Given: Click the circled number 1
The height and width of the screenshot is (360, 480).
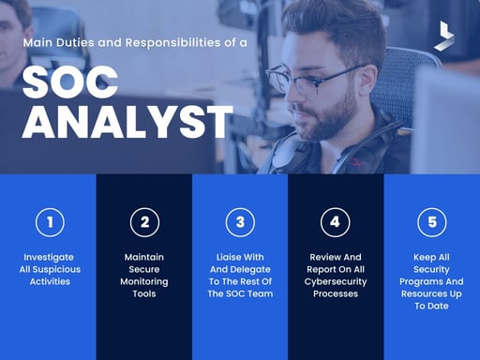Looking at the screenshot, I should tap(49, 222).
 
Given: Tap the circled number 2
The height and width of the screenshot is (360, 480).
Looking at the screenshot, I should tap(144, 222).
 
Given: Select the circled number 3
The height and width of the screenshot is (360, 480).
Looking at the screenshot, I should tap(240, 222).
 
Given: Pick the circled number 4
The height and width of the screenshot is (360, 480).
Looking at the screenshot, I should tap(336, 222).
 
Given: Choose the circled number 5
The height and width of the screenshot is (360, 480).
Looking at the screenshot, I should tap(431, 222).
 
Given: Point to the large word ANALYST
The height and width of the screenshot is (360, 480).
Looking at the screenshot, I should tap(127, 122).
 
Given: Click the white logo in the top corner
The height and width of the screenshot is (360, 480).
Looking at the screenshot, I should tap(443, 36).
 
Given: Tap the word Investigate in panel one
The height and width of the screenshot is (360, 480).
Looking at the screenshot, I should tap(49, 257).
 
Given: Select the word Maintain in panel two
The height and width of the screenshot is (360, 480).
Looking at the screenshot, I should tap(144, 257).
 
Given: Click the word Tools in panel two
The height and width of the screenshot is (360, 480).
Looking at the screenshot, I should tap(144, 293).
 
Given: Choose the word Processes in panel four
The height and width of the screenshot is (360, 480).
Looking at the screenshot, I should tap(336, 293).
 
